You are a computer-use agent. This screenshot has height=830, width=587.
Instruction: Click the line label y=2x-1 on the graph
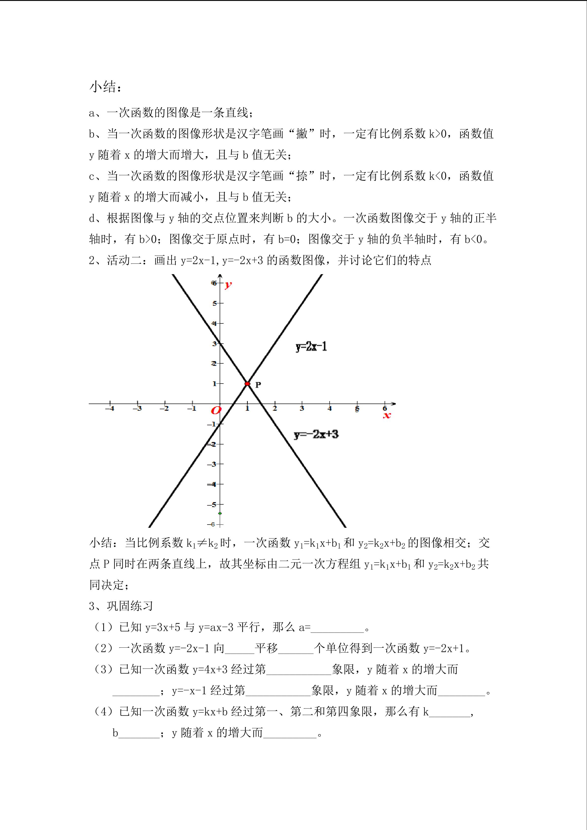point(311,347)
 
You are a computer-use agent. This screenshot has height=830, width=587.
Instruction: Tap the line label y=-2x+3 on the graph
point(316,434)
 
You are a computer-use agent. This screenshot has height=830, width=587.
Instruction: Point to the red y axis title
point(228,285)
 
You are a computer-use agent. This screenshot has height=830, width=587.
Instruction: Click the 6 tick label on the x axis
point(385,408)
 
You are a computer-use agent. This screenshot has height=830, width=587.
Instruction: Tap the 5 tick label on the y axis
point(214,303)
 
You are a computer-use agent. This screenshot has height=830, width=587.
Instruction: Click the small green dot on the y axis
point(220,513)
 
